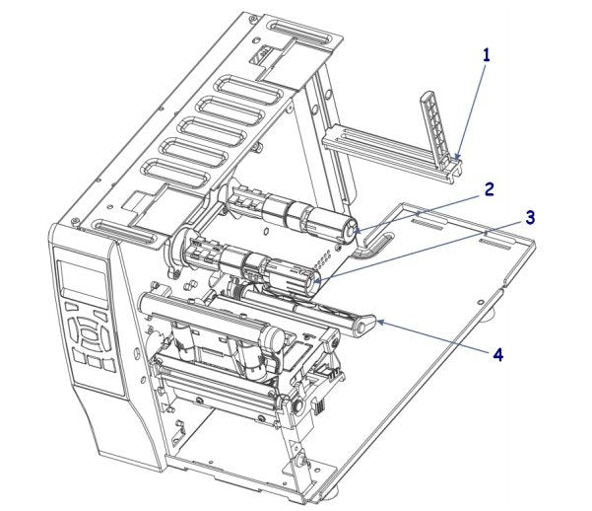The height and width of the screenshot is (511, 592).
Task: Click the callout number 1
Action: [x=486, y=55]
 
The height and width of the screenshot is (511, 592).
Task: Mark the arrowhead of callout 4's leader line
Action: [x=379, y=322]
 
